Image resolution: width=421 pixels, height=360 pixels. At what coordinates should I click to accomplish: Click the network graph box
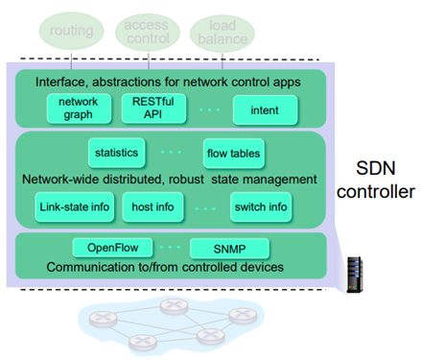pos(79,108)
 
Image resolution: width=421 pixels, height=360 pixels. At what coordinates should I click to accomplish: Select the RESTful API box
pos(153,108)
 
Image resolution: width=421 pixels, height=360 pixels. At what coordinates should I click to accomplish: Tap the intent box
pos(265,109)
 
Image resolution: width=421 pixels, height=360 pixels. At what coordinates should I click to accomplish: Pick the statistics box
pos(117,153)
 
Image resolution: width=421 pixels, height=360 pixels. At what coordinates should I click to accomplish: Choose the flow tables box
pos(234,154)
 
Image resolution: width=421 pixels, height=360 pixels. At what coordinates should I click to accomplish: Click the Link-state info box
pos(75,207)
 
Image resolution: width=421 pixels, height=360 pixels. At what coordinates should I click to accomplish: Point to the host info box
pos(152,207)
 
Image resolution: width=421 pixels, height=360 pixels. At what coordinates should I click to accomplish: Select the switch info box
pos(261,207)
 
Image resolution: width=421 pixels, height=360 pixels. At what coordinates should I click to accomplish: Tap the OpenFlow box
pos(112,248)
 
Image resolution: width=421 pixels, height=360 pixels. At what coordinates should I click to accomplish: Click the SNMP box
pos(229,249)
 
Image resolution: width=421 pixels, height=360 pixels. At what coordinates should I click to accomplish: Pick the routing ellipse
pos(71,31)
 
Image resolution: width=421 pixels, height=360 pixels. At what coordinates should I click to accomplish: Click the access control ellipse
pos(148,32)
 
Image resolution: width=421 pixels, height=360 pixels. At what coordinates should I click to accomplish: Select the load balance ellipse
pos(222,33)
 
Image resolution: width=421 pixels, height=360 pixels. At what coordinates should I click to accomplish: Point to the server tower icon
pos(355,275)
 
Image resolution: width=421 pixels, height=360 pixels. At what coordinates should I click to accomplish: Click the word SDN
pos(376,168)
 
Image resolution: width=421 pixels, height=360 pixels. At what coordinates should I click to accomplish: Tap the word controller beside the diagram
pos(376,192)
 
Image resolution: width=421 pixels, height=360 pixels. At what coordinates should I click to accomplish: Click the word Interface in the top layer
pos(60,83)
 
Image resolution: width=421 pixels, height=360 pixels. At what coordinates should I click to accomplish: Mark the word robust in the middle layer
pos(186,180)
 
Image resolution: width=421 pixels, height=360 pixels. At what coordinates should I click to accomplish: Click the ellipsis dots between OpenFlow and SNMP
pos(170,247)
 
